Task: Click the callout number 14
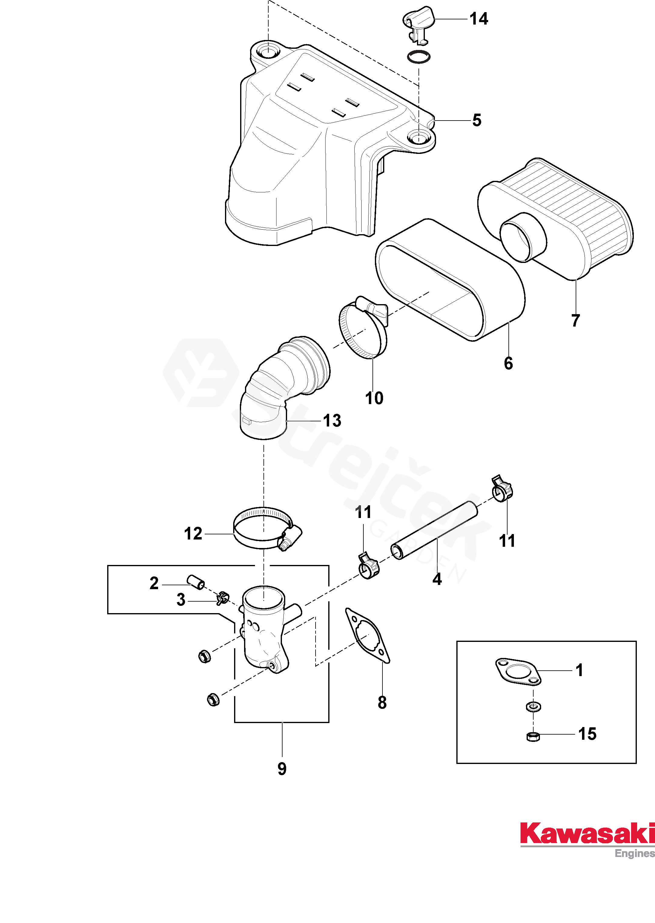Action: coord(479,19)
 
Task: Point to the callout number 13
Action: coord(332,421)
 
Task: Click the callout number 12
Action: coord(193,534)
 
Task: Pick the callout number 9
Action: coord(282,769)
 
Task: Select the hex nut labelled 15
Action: coord(533,737)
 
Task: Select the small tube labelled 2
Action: coord(196,583)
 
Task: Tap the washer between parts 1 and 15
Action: coord(533,707)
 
